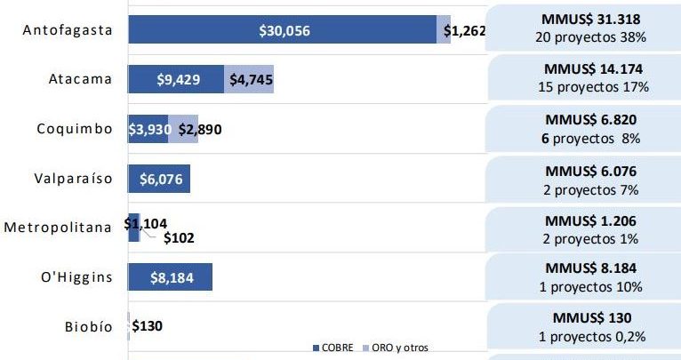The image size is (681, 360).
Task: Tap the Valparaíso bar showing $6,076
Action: point(159,179)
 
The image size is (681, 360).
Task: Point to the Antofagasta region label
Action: point(68,30)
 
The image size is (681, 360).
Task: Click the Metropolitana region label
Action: point(58,228)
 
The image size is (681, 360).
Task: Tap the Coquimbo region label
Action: point(75,129)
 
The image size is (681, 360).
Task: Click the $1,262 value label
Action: point(464,31)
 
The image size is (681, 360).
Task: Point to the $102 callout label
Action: point(179,237)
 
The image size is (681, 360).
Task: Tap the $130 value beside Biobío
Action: point(147,326)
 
